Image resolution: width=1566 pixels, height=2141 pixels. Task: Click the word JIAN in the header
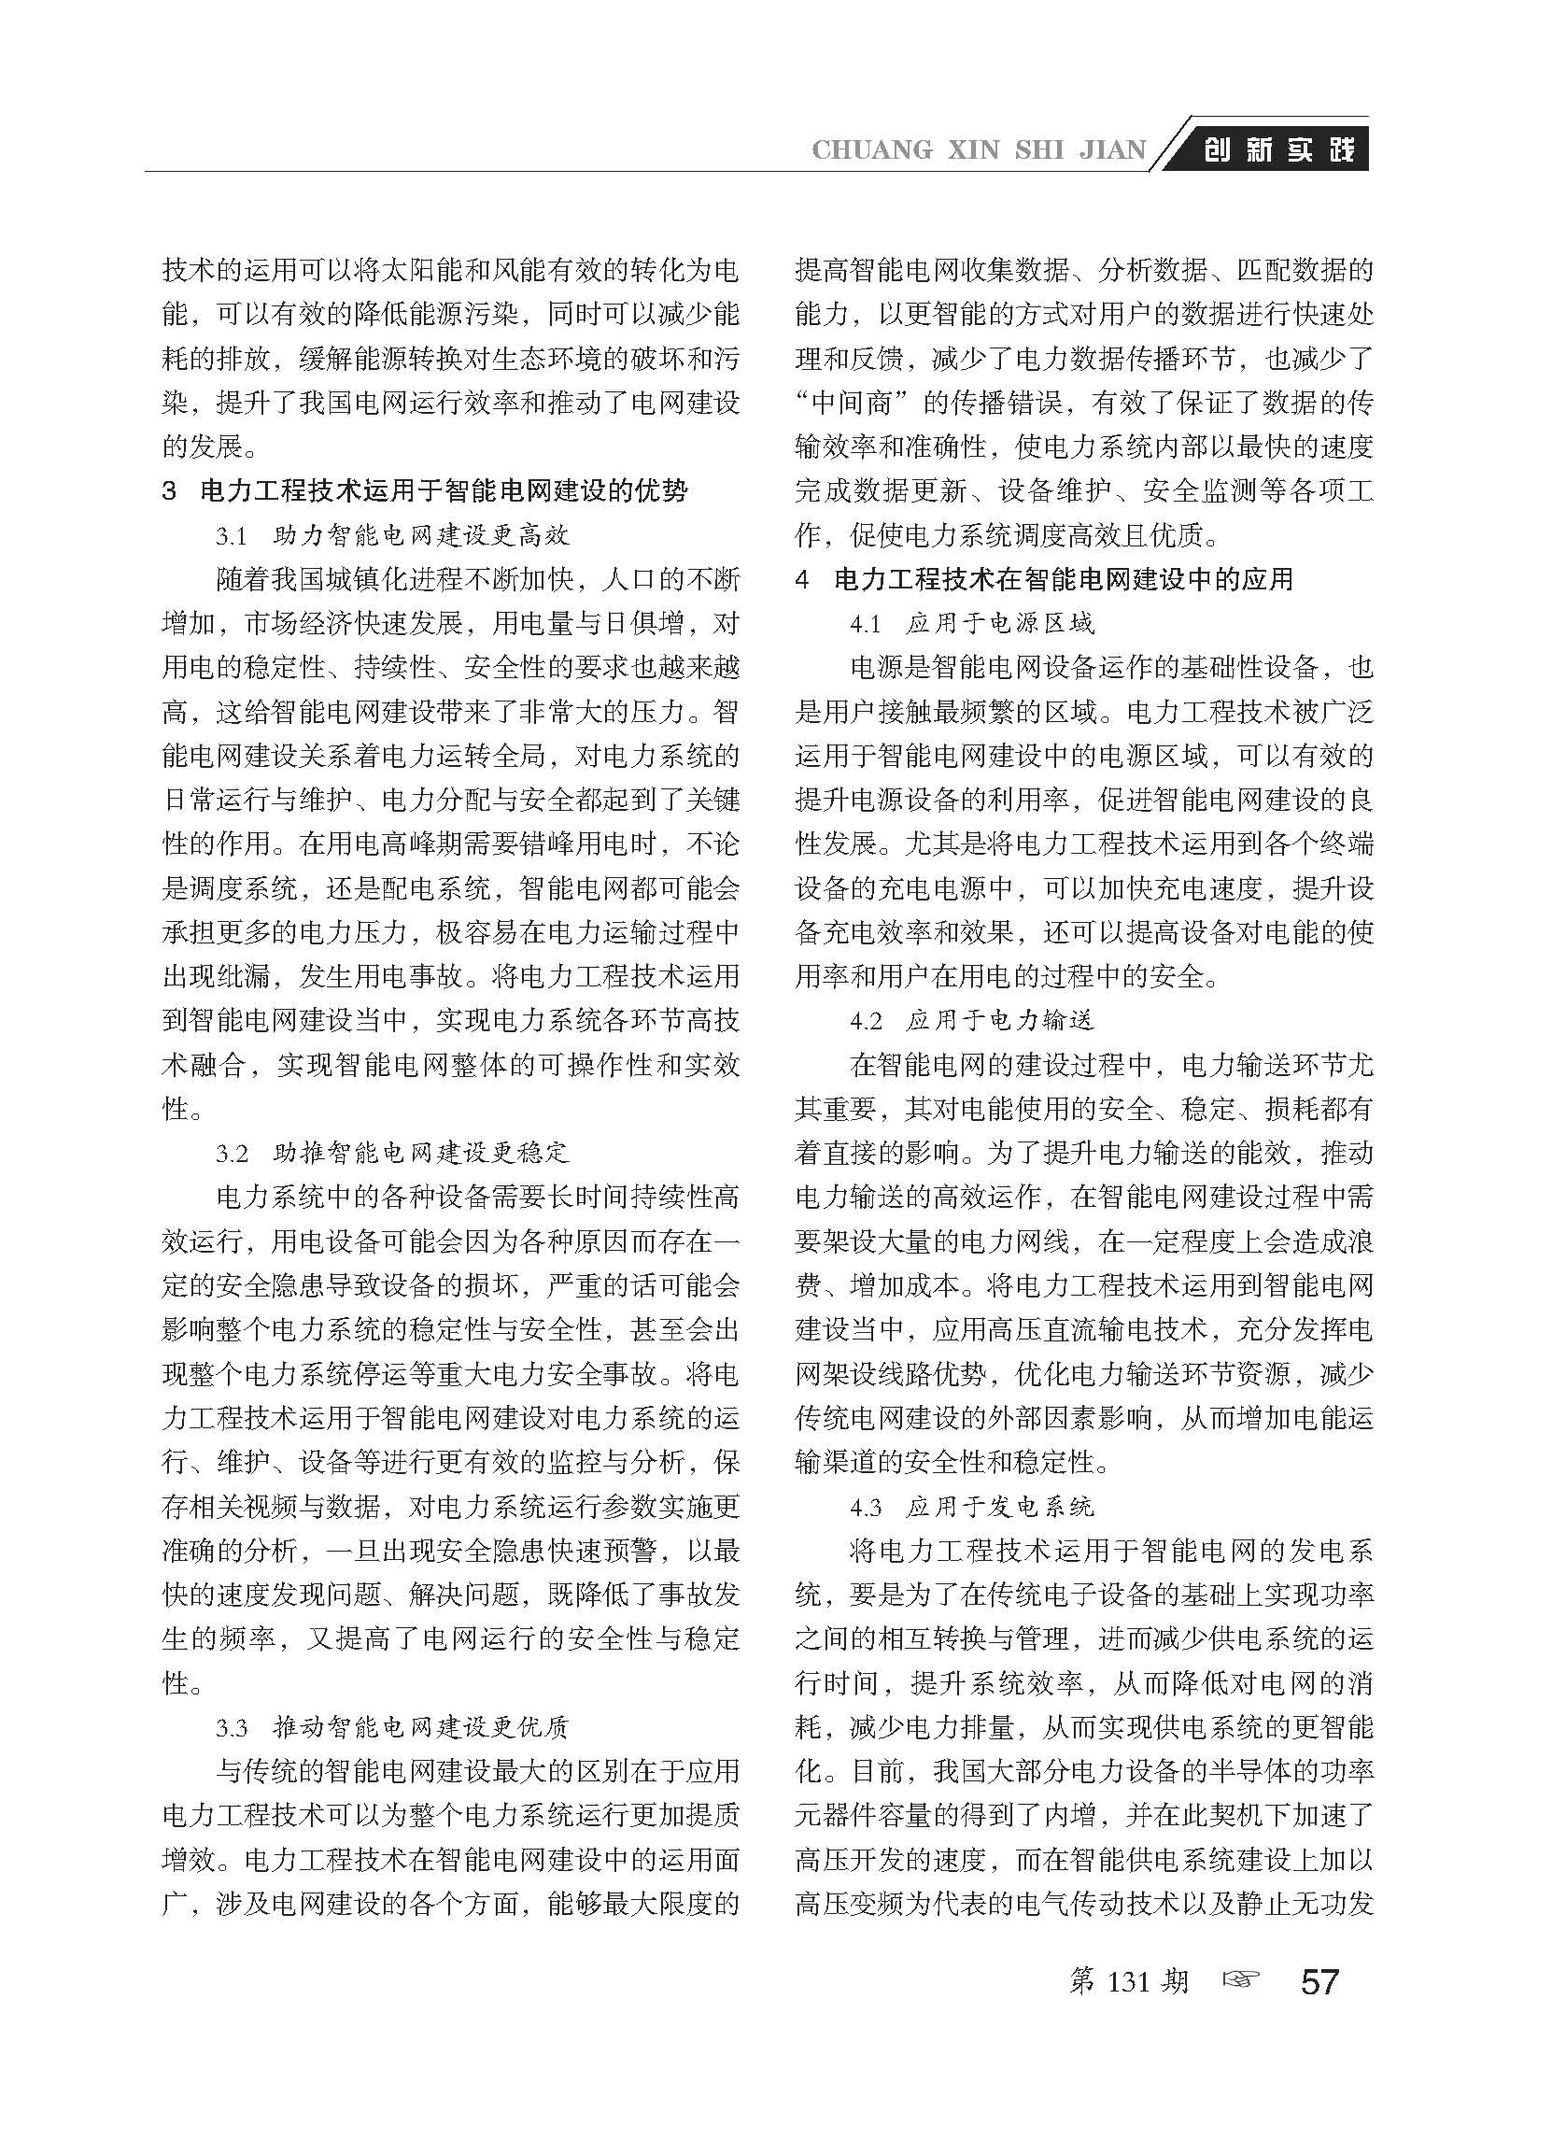pos(1112,150)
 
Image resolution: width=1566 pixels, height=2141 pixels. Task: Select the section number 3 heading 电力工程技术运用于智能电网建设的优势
pos(426,491)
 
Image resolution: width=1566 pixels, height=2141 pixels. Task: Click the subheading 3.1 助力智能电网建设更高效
pos(392,536)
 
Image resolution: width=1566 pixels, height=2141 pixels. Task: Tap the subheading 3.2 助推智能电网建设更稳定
pos(392,1153)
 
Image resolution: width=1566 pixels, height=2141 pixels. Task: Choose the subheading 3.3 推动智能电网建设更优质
pos(392,1727)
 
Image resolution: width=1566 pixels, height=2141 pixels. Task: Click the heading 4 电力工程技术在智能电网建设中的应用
pos(1044,579)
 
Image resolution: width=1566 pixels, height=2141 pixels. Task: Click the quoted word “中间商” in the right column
pos(850,403)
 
